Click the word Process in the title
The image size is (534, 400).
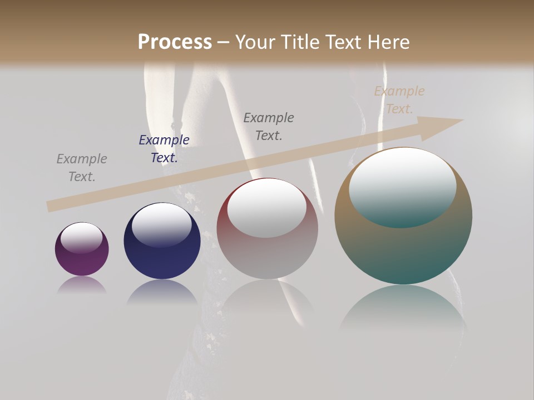(x=175, y=42)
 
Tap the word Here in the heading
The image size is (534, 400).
(x=389, y=42)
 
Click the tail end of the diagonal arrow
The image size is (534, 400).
(x=51, y=206)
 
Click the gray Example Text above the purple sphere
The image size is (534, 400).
(x=82, y=168)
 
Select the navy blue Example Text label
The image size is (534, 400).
(x=164, y=149)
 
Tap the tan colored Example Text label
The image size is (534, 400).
(x=399, y=100)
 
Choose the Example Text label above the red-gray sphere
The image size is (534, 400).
(x=269, y=126)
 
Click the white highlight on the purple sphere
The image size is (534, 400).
(x=81, y=238)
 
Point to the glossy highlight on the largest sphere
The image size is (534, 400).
(x=403, y=187)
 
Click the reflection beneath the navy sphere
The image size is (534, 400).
(x=162, y=292)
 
